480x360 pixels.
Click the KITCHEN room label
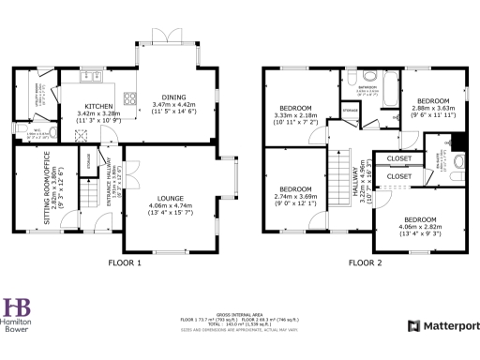(98, 106)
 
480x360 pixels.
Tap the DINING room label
(172, 97)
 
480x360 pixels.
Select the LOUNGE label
(169, 199)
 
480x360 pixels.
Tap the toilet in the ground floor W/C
(20, 128)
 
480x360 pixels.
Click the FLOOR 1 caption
(126, 264)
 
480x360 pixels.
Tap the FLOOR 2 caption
(366, 264)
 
